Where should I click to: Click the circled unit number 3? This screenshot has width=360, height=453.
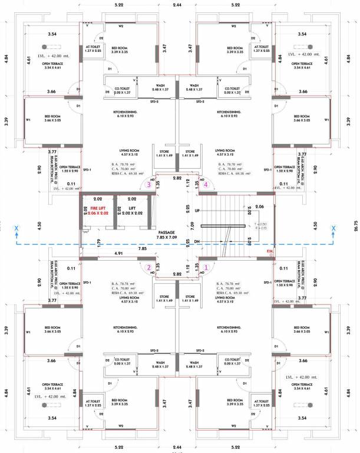pyautogui.click(x=149, y=185)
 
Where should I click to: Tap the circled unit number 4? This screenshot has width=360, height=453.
pyautogui.click(x=206, y=185)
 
